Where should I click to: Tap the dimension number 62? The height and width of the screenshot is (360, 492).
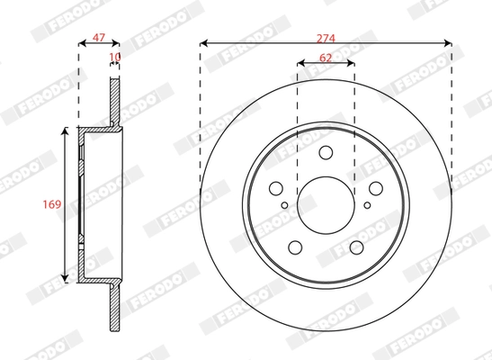[325, 57]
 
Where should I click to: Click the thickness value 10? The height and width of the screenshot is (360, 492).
[114, 57]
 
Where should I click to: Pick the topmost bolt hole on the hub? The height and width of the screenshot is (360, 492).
[325, 153]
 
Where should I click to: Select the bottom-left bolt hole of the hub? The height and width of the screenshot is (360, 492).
[294, 247]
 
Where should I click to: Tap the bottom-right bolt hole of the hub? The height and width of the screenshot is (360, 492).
[356, 247]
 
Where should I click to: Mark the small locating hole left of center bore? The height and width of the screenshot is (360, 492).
[285, 205]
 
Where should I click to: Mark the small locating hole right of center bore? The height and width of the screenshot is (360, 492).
[365, 205]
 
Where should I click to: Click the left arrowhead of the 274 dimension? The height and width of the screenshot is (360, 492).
[203, 42]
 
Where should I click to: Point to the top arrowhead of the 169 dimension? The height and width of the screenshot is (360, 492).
[65, 132]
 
